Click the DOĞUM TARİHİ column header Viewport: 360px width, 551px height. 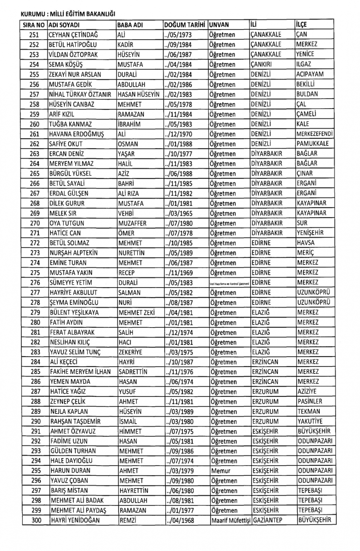(x=184, y=25)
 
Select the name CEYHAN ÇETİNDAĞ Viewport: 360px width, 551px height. (x=73, y=35)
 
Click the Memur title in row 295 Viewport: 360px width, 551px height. (x=221, y=471)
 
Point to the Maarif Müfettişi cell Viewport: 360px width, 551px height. (x=231, y=520)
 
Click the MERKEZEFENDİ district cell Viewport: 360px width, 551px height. (x=315, y=134)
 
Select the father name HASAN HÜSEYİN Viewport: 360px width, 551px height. (x=138, y=94)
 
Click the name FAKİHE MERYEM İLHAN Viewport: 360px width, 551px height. (x=80, y=372)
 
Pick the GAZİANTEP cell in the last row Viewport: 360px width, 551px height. (x=267, y=520)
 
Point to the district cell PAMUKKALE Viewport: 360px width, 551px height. (x=312, y=144)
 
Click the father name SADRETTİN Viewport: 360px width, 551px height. (x=133, y=372)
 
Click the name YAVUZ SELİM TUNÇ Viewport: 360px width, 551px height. (x=75, y=352)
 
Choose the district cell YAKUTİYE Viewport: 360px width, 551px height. (x=310, y=421)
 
